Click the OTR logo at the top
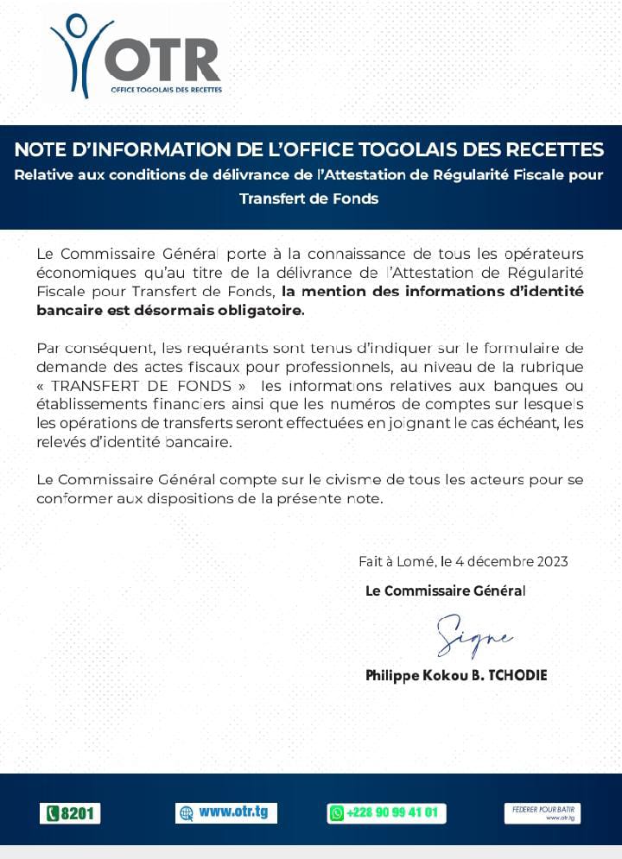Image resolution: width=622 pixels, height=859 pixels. click(136, 54)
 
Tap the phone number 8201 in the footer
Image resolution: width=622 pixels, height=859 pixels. click(70, 813)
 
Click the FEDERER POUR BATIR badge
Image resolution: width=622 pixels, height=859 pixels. click(543, 813)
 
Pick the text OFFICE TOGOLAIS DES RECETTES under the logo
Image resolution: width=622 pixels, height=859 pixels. click(167, 90)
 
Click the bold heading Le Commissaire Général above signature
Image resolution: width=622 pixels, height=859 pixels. click(445, 591)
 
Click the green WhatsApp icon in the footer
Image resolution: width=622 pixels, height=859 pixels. click(337, 813)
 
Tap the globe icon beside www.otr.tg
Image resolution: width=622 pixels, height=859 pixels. click(186, 813)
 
